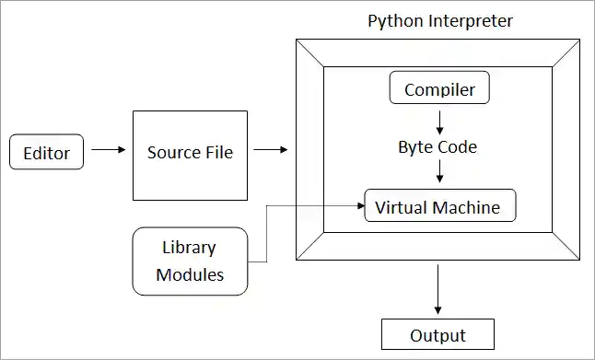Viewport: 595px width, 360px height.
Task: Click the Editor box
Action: pos(46,152)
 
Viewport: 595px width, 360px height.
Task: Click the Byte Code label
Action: pos(437,146)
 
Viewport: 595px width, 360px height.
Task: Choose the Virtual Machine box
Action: pos(438,206)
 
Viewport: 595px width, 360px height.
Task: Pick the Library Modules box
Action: pos(190,261)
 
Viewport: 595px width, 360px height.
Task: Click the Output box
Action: pos(437,334)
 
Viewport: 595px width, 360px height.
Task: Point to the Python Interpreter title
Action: pos(439,20)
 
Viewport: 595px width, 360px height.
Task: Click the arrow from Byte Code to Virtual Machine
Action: pos(439,171)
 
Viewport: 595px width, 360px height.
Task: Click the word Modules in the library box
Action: pos(190,274)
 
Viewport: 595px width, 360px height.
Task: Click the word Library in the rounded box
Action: pos(189,248)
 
